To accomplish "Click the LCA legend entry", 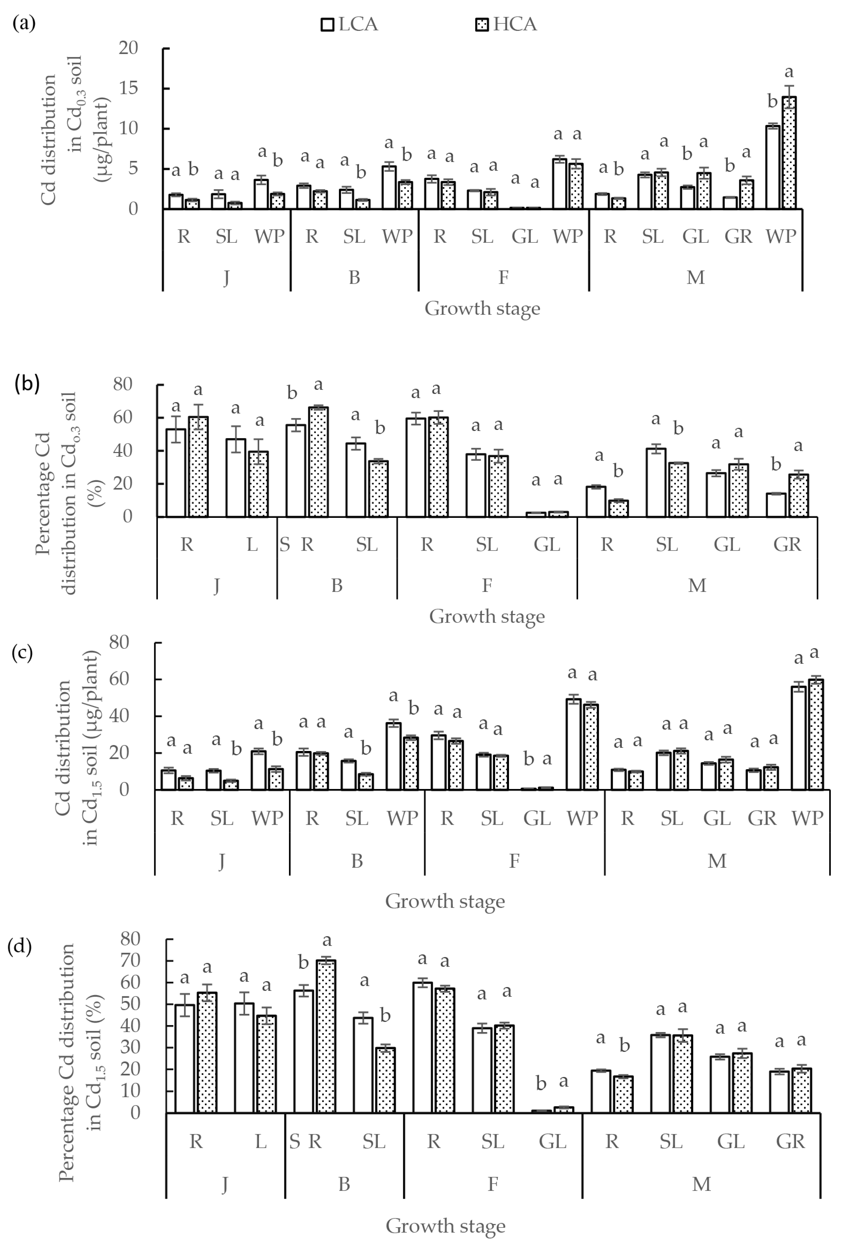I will pyautogui.click(x=349, y=24).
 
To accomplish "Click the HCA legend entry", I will pyautogui.click(x=506, y=24).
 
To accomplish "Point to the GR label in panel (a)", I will pyautogui.click(x=738, y=236).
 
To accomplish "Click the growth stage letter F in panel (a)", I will pyautogui.click(x=503, y=277).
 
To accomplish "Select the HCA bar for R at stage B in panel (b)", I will pyautogui.click(x=318, y=462).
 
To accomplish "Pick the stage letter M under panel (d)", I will pyautogui.click(x=701, y=1184).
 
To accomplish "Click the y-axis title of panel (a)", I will pyautogui.click(x=75, y=129).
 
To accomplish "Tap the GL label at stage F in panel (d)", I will pyautogui.click(x=552, y=1142).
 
